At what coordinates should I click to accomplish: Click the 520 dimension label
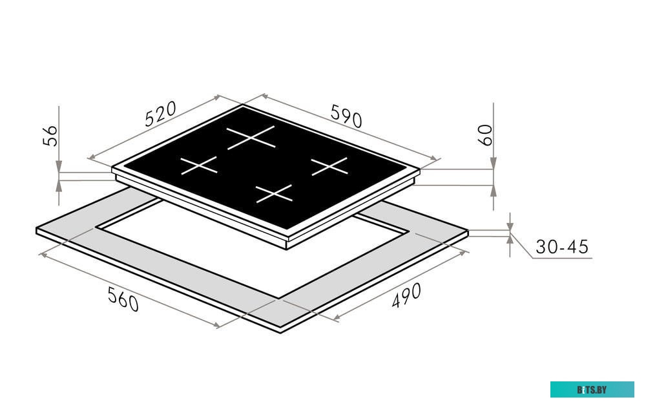click(x=160, y=114)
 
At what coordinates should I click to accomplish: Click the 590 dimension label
click(x=346, y=116)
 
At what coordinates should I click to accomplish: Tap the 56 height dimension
click(x=50, y=135)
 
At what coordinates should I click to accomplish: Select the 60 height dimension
click(x=485, y=135)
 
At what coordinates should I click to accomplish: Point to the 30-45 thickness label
click(x=562, y=246)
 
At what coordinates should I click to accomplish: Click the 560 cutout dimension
click(x=123, y=299)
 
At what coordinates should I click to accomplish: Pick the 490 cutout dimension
click(x=406, y=295)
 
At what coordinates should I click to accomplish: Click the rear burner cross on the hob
click(x=251, y=137)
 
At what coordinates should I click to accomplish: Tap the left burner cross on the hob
click(x=198, y=165)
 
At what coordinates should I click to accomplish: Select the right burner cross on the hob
click(x=329, y=166)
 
